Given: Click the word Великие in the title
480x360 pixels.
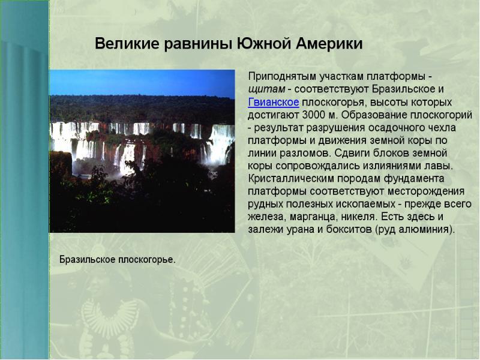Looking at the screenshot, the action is click(x=127, y=43).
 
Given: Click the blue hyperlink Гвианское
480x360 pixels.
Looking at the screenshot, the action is click(x=274, y=102).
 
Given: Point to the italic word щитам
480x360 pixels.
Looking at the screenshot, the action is click(x=266, y=89).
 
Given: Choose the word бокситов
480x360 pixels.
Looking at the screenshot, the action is click(x=349, y=229).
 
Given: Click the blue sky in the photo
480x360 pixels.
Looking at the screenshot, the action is click(x=142, y=82).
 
